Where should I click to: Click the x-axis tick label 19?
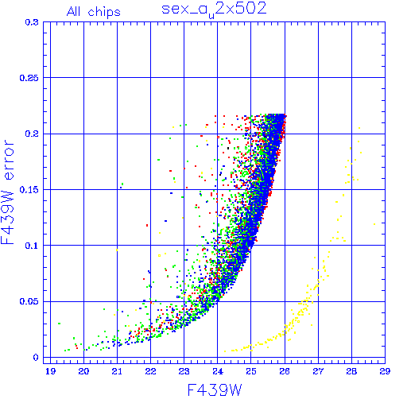(x=50, y=371)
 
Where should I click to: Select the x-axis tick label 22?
(x=150, y=371)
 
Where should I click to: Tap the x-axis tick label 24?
(x=218, y=371)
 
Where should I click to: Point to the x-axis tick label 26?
(x=285, y=371)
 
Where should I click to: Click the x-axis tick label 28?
(x=351, y=371)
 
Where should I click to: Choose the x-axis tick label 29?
(x=385, y=371)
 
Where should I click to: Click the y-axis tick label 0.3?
(x=32, y=22)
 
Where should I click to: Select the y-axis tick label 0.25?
(x=29, y=78)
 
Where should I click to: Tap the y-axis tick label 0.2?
(x=32, y=134)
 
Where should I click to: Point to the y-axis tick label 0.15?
(x=29, y=190)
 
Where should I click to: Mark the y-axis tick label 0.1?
(x=32, y=246)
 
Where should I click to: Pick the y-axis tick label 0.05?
(x=29, y=301)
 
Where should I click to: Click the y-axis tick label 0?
(x=36, y=358)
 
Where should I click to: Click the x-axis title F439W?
(x=215, y=390)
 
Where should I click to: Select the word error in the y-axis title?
(x=8, y=161)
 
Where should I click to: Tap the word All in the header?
(x=74, y=12)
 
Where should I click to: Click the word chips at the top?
(x=104, y=13)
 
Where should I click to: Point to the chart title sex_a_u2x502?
(x=214, y=10)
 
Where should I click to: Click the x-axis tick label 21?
(x=117, y=371)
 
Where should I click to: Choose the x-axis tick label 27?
(x=318, y=371)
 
